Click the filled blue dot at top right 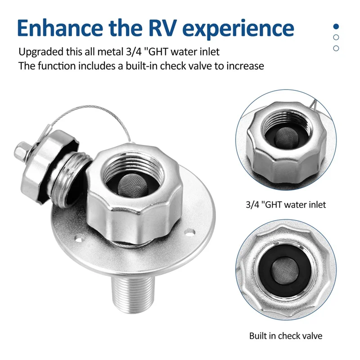336,27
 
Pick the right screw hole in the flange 191,233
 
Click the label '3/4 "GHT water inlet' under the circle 287,205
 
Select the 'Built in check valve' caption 286,336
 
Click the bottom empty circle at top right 336,48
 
